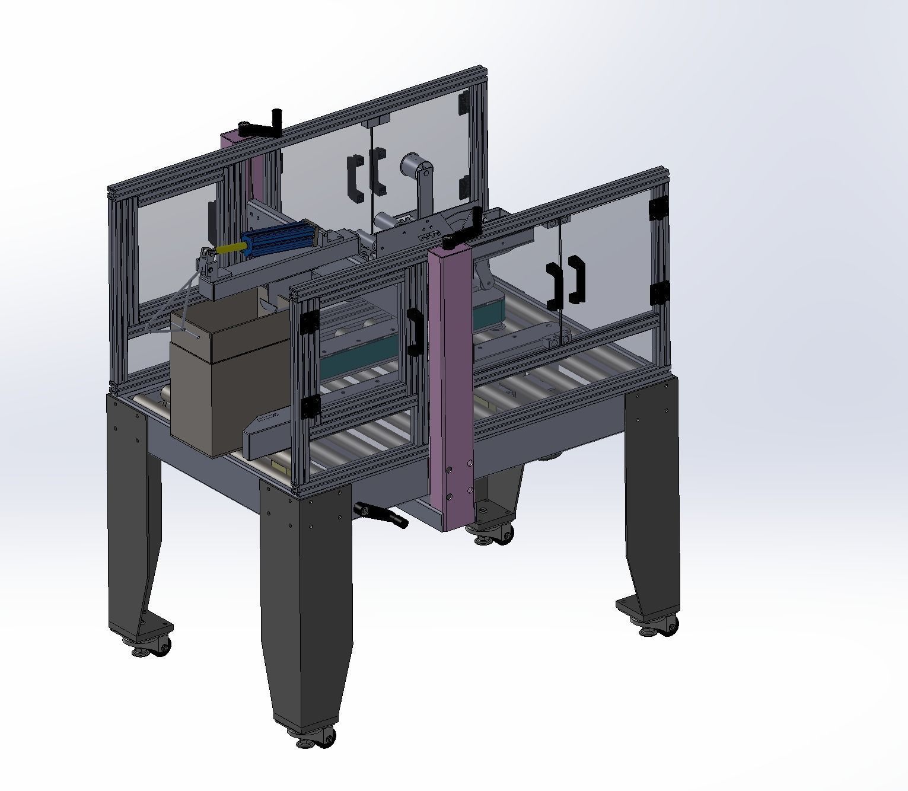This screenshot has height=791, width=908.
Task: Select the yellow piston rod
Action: (229, 249)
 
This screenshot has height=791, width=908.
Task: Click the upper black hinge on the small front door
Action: (308, 323)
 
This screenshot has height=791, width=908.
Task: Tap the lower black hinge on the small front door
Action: (311, 407)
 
